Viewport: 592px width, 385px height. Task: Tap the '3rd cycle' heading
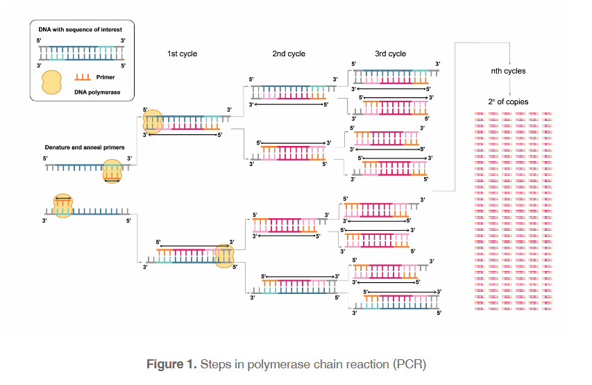coord(390,54)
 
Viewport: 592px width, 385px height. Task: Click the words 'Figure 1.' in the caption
coord(170,364)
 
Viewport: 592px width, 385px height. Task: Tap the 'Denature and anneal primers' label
coord(82,147)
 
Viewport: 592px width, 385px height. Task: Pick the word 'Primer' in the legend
coord(105,77)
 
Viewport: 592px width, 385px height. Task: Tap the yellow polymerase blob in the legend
coord(51,83)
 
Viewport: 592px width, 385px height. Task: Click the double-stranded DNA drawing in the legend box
coord(81,53)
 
